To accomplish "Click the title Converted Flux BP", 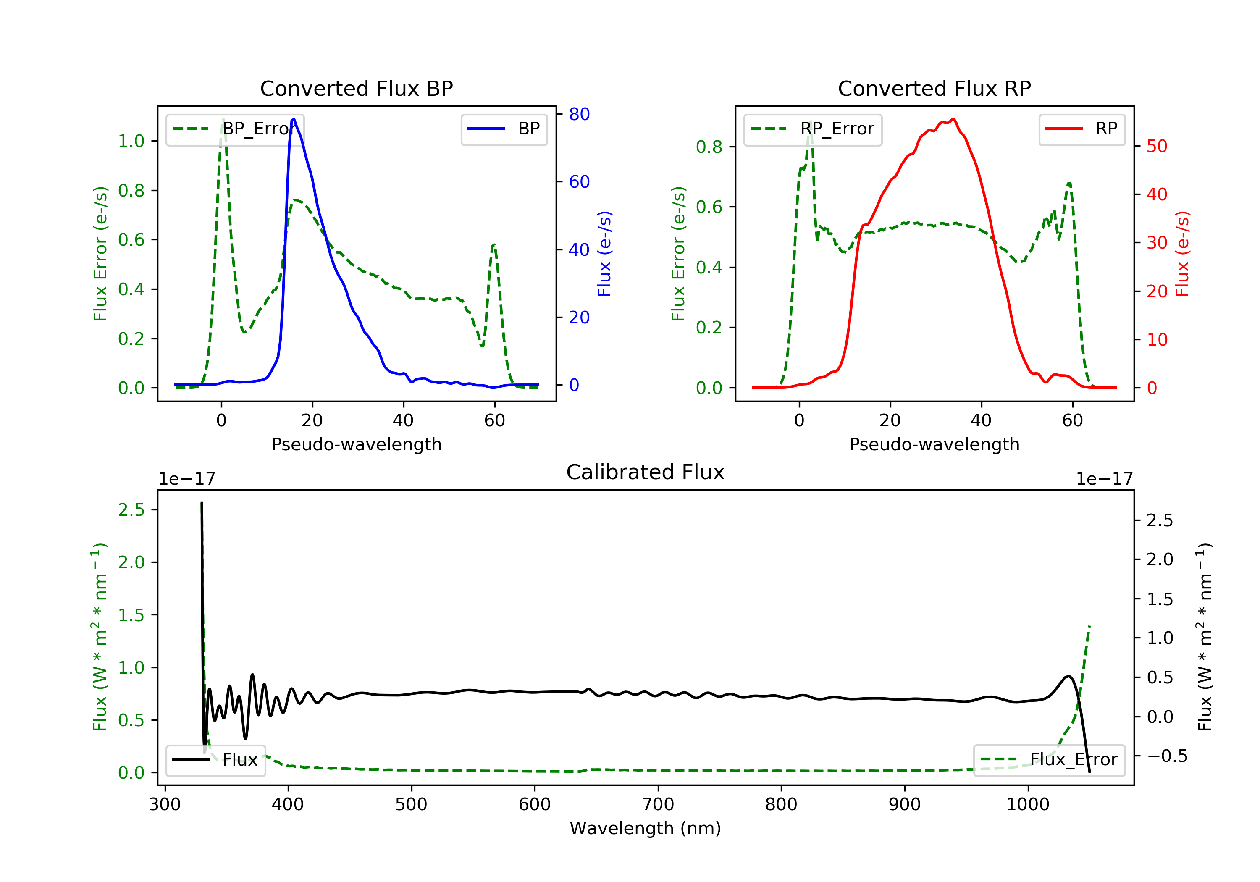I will [x=356, y=88].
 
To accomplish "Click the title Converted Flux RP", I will [x=934, y=88].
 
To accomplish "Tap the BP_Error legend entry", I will [x=235, y=129].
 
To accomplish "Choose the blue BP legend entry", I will [x=504, y=129].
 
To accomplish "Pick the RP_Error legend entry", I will [x=813, y=129].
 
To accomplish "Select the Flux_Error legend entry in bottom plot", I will [x=1049, y=760].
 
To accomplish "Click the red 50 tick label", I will [x=1156, y=146].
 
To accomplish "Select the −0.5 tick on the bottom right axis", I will [x=1167, y=756].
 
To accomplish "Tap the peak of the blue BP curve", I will [x=294, y=119].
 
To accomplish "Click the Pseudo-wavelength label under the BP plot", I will [x=356, y=444].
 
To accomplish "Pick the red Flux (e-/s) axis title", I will [x=1182, y=254].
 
